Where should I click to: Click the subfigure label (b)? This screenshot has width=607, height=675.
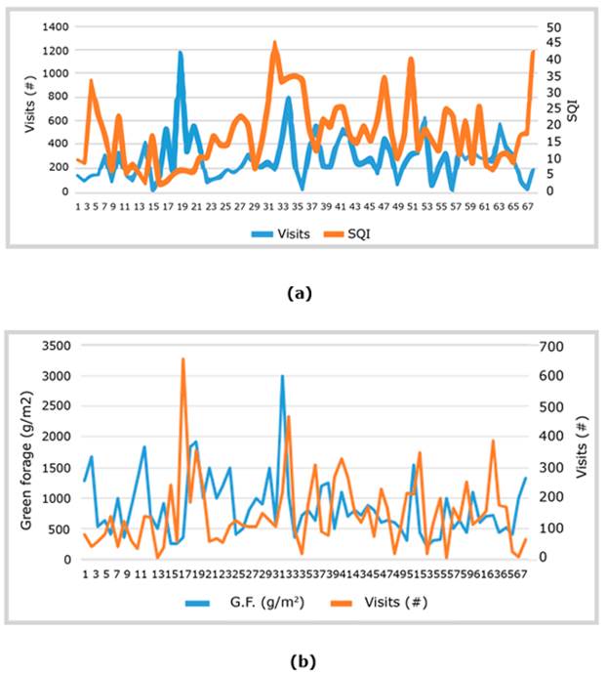(303, 661)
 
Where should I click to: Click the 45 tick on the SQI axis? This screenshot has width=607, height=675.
(553, 42)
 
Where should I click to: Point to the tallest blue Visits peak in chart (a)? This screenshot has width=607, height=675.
(181, 53)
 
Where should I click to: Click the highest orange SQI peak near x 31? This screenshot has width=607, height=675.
(274, 43)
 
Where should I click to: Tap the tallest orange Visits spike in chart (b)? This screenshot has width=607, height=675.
(182, 359)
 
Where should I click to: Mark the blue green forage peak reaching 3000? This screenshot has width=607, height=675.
(282, 376)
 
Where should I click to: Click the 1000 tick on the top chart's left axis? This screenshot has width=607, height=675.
(54, 74)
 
